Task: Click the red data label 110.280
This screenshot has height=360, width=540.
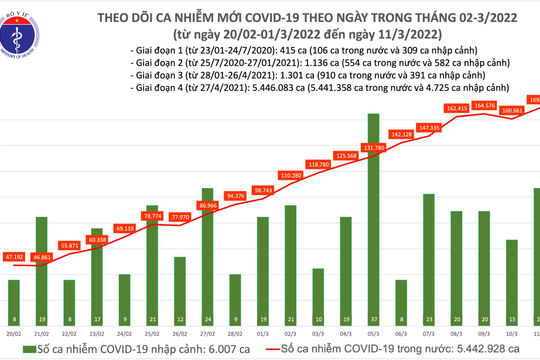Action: point(291,175)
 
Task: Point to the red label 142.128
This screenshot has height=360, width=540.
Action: point(401,134)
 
